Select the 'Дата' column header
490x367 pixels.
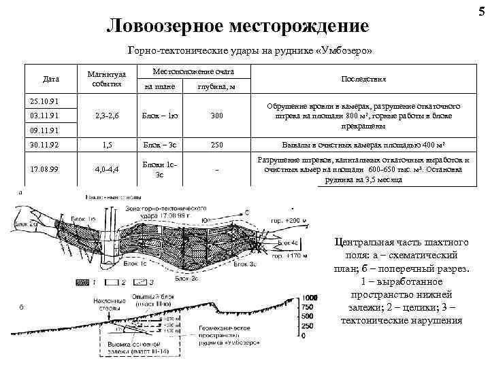(50, 80)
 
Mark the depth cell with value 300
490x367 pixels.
(216, 116)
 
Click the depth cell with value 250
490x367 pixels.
(216, 144)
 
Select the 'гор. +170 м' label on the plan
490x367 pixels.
(289, 256)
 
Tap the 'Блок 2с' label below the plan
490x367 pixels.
(186, 279)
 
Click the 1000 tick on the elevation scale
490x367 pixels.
(310, 298)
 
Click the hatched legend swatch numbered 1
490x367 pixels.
(82, 281)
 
